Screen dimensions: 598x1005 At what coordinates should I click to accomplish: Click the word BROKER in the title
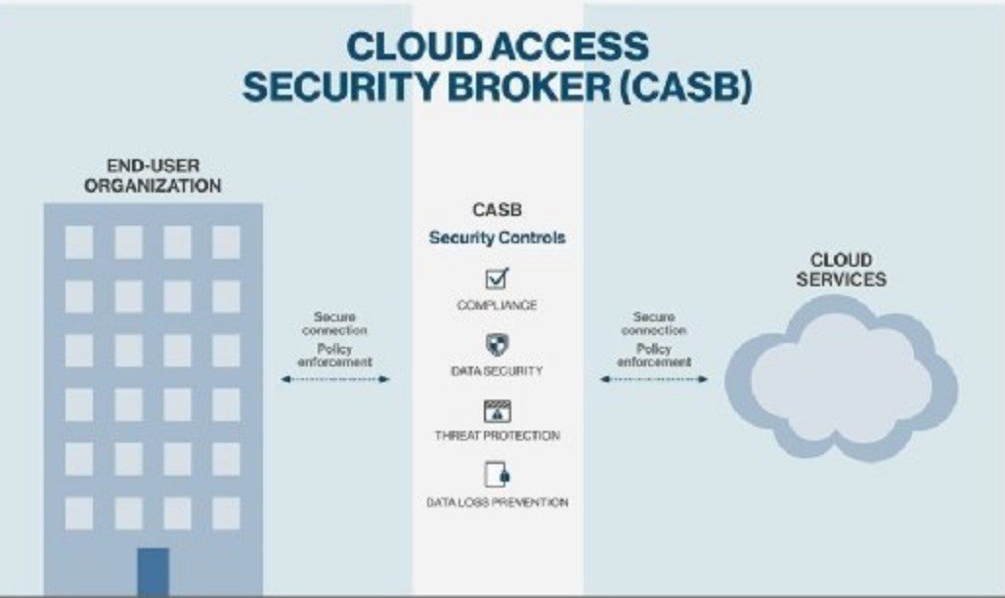(560, 86)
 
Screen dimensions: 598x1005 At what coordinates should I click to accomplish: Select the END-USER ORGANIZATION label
(152, 176)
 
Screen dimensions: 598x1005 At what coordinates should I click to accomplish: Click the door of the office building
(153, 571)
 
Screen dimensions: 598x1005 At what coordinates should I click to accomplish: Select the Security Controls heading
(498, 237)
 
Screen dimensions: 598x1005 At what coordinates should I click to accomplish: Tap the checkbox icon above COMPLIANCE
(498, 278)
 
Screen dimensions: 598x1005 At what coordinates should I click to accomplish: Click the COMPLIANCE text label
(498, 306)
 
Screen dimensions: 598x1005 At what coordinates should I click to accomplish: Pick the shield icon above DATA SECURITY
(498, 344)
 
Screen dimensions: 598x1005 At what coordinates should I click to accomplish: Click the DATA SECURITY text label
(498, 371)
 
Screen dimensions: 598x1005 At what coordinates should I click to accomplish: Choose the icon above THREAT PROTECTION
(498, 410)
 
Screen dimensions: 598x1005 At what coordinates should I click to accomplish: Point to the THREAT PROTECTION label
(498, 436)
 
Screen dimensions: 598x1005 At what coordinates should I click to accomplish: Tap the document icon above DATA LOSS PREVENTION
(498, 475)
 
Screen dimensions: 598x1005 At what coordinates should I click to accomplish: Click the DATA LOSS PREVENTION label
(498, 502)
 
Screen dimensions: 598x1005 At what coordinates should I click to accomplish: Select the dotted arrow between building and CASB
(334, 378)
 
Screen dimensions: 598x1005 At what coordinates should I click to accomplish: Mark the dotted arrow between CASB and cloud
(653, 378)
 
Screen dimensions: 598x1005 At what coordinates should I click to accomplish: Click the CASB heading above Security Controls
(498, 210)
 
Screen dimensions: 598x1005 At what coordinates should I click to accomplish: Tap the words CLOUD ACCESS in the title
(498, 46)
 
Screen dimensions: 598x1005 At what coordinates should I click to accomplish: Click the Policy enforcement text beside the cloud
(654, 356)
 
